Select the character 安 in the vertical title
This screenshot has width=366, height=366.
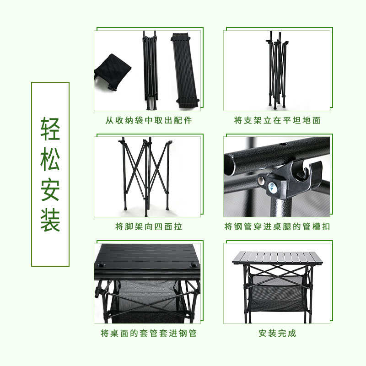50,189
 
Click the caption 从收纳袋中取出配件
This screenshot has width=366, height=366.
148,121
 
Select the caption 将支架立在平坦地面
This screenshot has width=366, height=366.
277,121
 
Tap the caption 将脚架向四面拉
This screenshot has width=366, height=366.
148,226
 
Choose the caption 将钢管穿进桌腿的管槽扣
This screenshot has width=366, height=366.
277,226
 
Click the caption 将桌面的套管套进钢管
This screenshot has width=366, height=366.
148,333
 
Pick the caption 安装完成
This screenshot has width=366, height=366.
277,333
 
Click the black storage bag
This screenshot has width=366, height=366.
113,71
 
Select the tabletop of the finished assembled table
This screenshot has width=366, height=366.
277,258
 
